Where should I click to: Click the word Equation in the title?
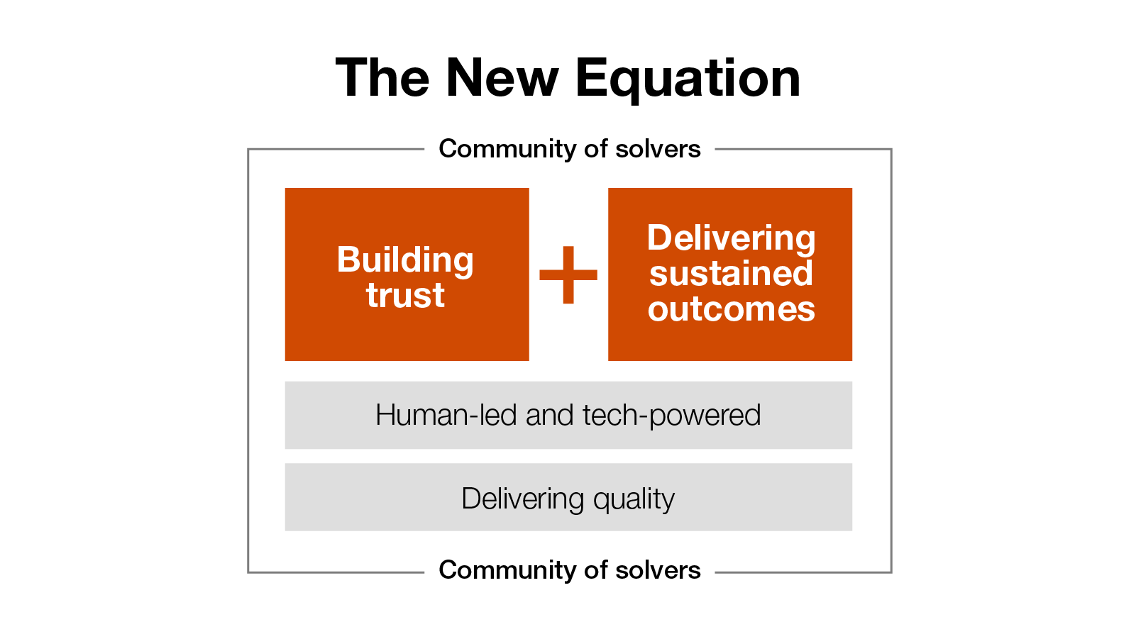[688, 79]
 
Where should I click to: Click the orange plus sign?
[568, 275]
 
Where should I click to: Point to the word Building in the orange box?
[405, 260]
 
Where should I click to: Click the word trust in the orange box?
[405, 295]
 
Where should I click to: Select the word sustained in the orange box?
[731, 274]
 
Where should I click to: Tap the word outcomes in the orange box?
[731, 309]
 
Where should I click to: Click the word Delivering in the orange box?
[731, 238]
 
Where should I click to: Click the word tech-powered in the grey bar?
[671, 416]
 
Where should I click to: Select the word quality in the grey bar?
[634, 499]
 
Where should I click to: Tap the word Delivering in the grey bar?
[523, 499]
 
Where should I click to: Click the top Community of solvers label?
[569, 149]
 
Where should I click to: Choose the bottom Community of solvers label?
[569, 570]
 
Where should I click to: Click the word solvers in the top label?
[658, 149]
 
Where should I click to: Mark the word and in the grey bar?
[549, 415]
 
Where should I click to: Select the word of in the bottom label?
[596, 570]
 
